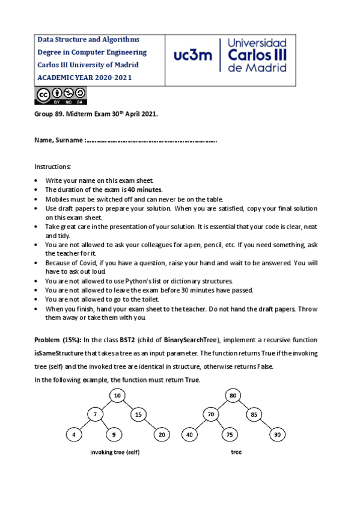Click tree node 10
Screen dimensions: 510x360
coord(118,395)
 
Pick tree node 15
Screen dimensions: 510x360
coord(138,414)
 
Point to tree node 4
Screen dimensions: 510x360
coord(74,434)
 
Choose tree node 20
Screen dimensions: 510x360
coord(162,434)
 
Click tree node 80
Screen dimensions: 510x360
coord(232,395)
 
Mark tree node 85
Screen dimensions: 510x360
coord(254,414)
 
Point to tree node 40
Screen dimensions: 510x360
coord(189,434)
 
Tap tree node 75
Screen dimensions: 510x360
coord(229,434)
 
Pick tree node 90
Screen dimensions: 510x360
coord(278,434)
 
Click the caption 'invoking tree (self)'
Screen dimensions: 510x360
coord(118,452)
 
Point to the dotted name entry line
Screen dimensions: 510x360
coord(152,141)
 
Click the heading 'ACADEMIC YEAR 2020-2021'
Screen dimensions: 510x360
coord(85,78)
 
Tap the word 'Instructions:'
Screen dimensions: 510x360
coord(52,166)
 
